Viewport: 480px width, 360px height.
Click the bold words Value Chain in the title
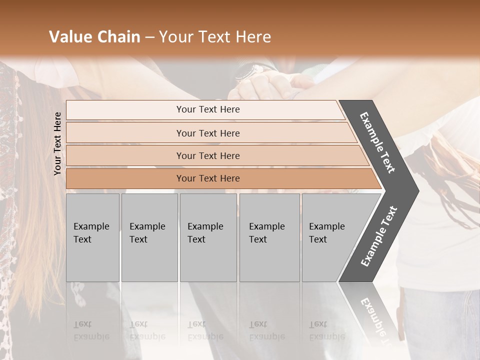point(94,37)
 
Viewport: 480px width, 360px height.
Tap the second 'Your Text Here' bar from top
point(208,133)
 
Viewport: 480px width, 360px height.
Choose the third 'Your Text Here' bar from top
point(208,155)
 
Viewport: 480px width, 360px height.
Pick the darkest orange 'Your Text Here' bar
point(208,178)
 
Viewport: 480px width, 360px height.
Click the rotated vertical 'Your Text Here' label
point(57,143)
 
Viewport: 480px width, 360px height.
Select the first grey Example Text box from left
point(92,237)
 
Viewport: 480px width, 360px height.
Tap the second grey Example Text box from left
point(149,237)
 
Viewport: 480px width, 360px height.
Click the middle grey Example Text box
point(208,237)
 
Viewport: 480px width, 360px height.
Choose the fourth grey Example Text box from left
point(269,237)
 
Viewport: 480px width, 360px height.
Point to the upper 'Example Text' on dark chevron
point(378,142)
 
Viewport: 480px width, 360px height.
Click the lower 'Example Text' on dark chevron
point(379,236)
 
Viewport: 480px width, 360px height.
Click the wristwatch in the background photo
point(248,71)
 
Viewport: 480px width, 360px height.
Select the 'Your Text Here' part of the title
point(215,37)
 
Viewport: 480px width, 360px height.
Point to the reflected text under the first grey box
point(91,330)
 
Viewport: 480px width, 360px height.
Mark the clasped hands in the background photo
point(270,85)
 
